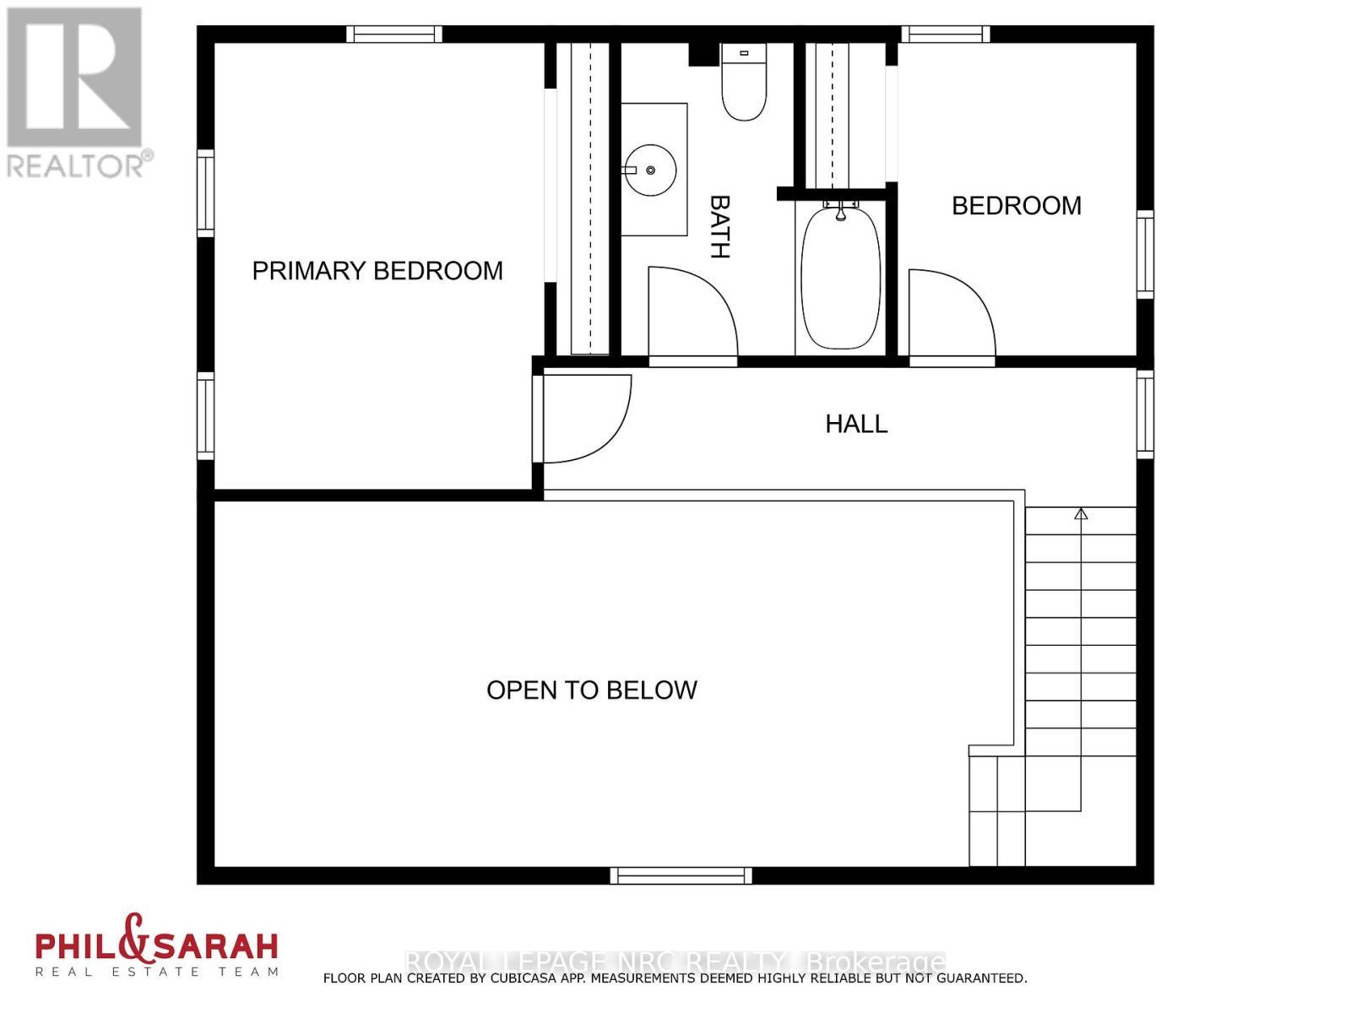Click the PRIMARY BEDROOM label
(x=377, y=271)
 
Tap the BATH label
(x=719, y=226)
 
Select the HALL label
(x=856, y=424)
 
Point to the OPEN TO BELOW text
(x=591, y=691)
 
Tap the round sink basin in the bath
(x=650, y=171)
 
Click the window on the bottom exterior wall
(x=681, y=875)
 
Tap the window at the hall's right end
(x=1145, y=414)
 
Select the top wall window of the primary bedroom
(x=394, y=35)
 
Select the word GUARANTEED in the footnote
(x=974, y=978)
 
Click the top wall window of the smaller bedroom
(x=945, y=35)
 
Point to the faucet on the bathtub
(x=840, y=211)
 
